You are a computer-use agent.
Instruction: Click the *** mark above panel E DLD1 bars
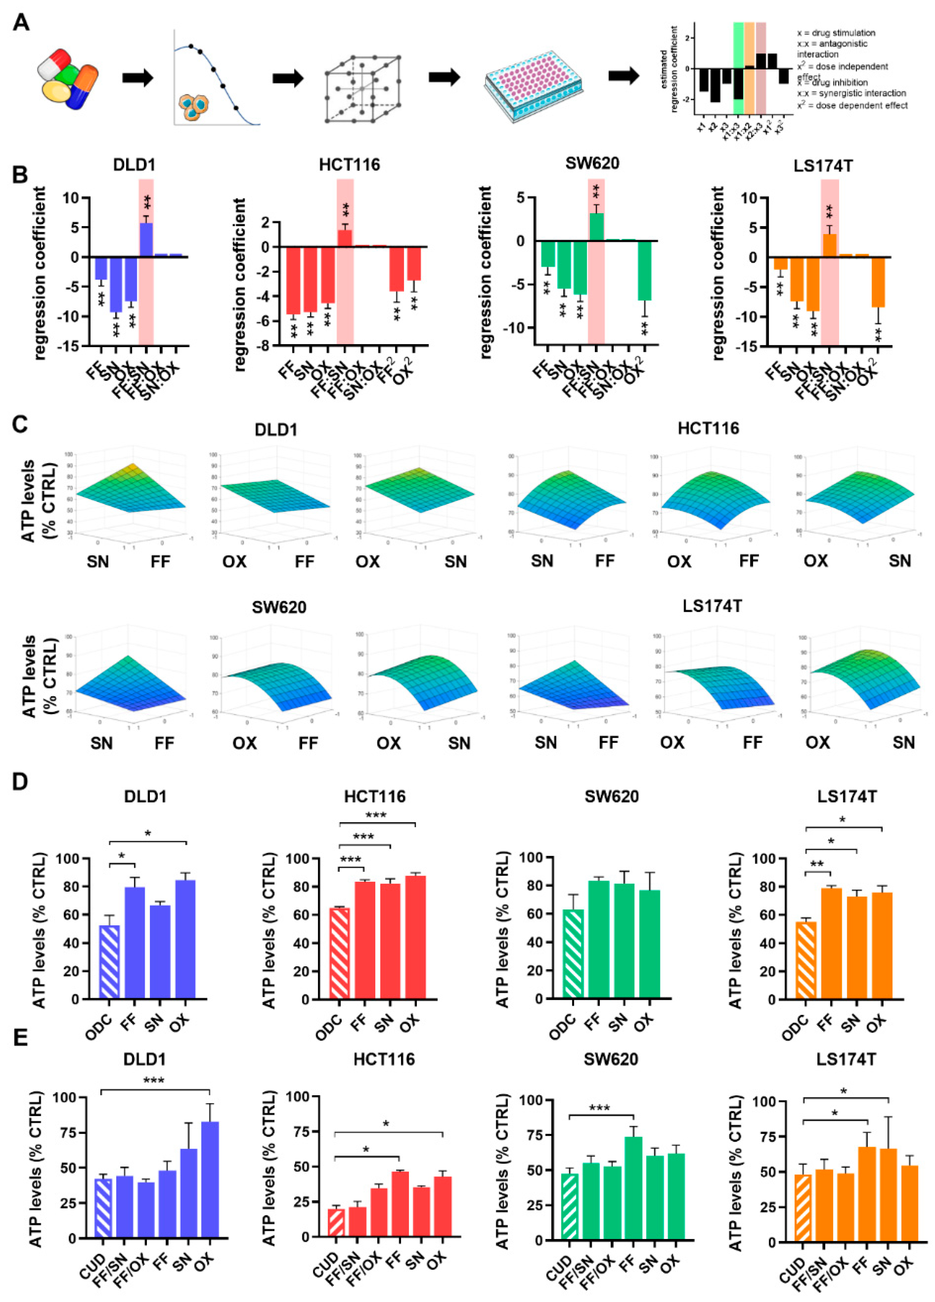click(154, 1082)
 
